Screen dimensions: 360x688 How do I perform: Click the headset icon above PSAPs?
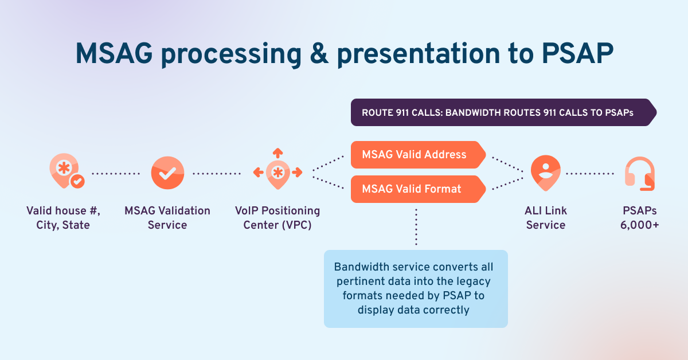point(639,174)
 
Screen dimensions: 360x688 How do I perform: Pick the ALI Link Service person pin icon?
point(545,172)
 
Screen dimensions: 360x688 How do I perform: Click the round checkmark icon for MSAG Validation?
point(167,173)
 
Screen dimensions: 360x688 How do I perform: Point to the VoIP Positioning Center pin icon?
point(277,173)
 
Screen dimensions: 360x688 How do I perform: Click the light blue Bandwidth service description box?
point(416,288)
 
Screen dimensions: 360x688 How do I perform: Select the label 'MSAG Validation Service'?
point(167,218)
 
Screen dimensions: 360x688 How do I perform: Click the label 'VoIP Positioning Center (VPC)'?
point(277,218)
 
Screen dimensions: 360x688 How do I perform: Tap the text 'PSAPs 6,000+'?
point(639,218)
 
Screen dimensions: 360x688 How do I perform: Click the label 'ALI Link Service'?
point(546,218)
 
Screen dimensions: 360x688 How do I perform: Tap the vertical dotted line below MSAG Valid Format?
point(416,226)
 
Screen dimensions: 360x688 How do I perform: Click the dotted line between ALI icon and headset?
point(590,173)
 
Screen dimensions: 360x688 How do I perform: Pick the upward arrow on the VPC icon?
point(277,153)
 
